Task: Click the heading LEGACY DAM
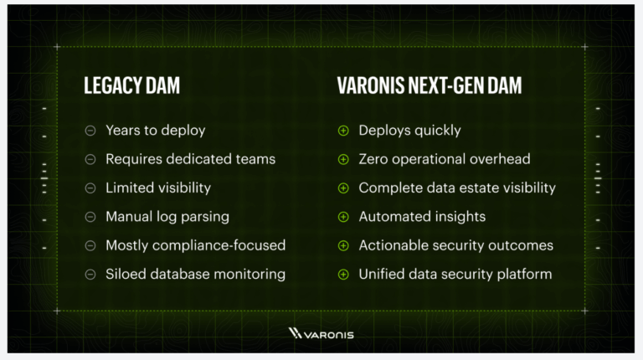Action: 131,85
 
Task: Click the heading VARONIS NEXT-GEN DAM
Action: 430,85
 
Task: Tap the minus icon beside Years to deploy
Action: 90,131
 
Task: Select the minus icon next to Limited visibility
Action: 90,188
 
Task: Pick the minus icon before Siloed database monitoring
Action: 90,275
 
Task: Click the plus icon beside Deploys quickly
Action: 343,131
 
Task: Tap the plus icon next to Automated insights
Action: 343,217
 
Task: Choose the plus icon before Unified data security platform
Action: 343,275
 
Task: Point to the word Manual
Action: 129,217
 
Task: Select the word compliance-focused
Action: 219,245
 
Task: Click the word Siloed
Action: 126,274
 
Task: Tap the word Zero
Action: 373,159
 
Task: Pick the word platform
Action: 524,275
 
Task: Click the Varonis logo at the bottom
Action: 321,334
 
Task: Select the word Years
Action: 123,131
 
